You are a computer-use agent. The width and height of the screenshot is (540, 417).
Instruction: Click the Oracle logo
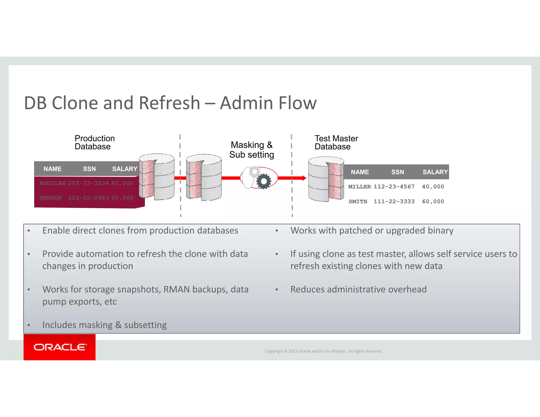point(60,347)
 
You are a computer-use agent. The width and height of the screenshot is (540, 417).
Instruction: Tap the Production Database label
point(94,142)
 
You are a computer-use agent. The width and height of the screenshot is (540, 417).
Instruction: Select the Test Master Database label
point(336,142)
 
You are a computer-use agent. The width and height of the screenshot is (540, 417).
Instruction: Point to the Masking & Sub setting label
point(252,150)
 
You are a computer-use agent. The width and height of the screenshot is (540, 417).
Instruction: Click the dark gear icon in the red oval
point(263,181)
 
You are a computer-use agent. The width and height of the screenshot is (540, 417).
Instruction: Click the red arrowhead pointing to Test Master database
point(304,178)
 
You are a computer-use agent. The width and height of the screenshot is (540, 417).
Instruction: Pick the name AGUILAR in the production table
point(52,183)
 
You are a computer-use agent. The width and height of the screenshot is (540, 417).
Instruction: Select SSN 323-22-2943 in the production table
point(88,198)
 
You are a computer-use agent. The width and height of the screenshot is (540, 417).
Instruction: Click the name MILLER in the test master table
point(359,187)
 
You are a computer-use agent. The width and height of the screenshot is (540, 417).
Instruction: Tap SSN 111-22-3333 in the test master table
point(394,201)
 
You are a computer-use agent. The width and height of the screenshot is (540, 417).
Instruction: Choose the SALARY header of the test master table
point(435,172)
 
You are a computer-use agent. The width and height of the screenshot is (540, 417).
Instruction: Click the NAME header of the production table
point(52,169)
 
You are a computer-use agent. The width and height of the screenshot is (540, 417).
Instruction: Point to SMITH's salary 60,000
point(433,201)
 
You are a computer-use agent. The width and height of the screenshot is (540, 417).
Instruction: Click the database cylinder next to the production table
point(157,177)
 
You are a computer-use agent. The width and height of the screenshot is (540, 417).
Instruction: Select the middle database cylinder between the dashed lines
point(204,177)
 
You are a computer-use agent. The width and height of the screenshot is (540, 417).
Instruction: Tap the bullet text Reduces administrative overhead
point(358,289)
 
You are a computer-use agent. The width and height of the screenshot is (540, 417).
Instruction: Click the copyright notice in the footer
point(324,351)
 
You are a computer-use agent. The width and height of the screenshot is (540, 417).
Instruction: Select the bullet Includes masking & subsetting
point(104,325)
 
